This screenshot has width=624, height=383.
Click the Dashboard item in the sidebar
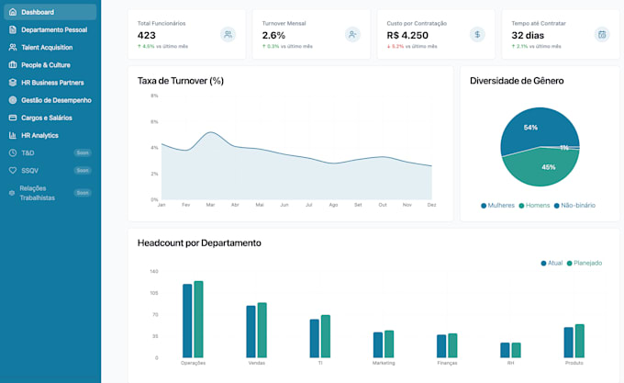click(37, 12)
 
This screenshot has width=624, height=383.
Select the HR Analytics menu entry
click(39, 135)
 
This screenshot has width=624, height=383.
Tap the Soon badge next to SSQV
click(83, 170)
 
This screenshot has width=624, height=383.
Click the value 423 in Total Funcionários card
click(147, 35)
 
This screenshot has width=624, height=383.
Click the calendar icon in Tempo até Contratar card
click(602, 34)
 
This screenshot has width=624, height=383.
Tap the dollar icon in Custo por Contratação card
click(476, 34)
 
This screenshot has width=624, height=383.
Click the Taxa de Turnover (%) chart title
click(181, 81)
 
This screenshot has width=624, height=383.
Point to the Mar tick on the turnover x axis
click(210, 205)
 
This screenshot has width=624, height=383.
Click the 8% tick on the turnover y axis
click(154, 96)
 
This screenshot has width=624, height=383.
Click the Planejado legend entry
click(585, 263)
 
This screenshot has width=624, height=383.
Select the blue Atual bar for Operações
click(187, 321)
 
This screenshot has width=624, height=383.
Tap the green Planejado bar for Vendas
click(262, 330)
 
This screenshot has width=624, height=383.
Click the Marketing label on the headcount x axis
click(384, 363)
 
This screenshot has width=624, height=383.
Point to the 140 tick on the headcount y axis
click(153, 272)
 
